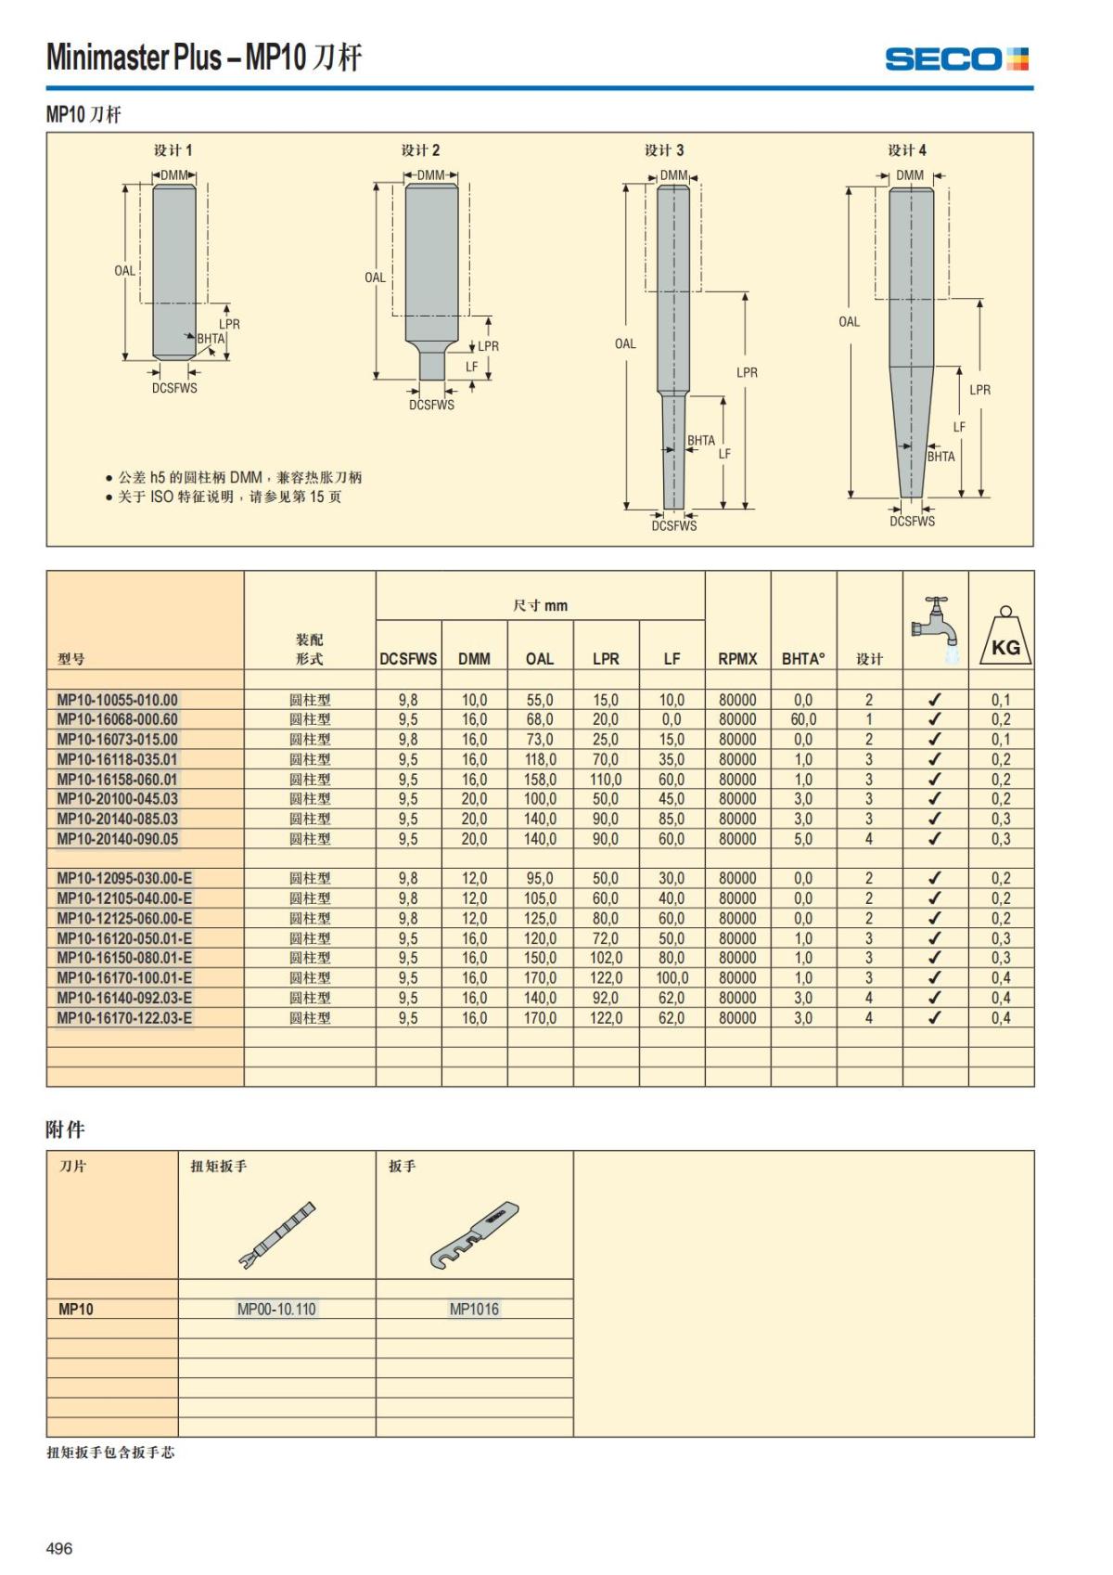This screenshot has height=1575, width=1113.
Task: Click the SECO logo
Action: tap(956, 59)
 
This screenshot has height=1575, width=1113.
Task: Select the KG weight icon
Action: tap(1005, 638)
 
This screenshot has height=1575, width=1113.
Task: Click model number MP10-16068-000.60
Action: tap(117, 719)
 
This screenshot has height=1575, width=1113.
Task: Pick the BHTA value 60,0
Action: tap(803, 719)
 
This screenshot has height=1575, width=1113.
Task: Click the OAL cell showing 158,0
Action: tap(540, 780)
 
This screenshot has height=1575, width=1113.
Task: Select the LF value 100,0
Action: tap(672, 978)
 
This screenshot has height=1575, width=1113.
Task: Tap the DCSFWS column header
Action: tap(408, 659)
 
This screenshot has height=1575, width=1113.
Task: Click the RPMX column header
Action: tap(737, 659)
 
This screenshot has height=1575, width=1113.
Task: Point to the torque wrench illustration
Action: tap(278, 1233)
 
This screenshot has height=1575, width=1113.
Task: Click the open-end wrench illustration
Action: tap(474, 1235)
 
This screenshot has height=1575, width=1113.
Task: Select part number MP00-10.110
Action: tap(276, 1310)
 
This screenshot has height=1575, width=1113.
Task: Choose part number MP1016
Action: tap(474, 1310)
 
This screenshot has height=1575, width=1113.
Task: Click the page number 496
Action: tap(59, 1548)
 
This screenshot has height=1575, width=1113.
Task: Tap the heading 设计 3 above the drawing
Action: tap(664, 150)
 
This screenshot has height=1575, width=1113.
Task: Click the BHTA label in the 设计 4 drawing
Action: tap(940, 457)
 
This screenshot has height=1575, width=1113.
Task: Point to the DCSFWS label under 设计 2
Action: tap(431, 405)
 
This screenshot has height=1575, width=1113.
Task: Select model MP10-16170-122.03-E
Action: tap(124, 1018)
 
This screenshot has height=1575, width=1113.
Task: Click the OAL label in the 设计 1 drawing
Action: tap(124, 271)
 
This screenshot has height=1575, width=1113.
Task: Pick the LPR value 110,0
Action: tap(606, 780)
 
